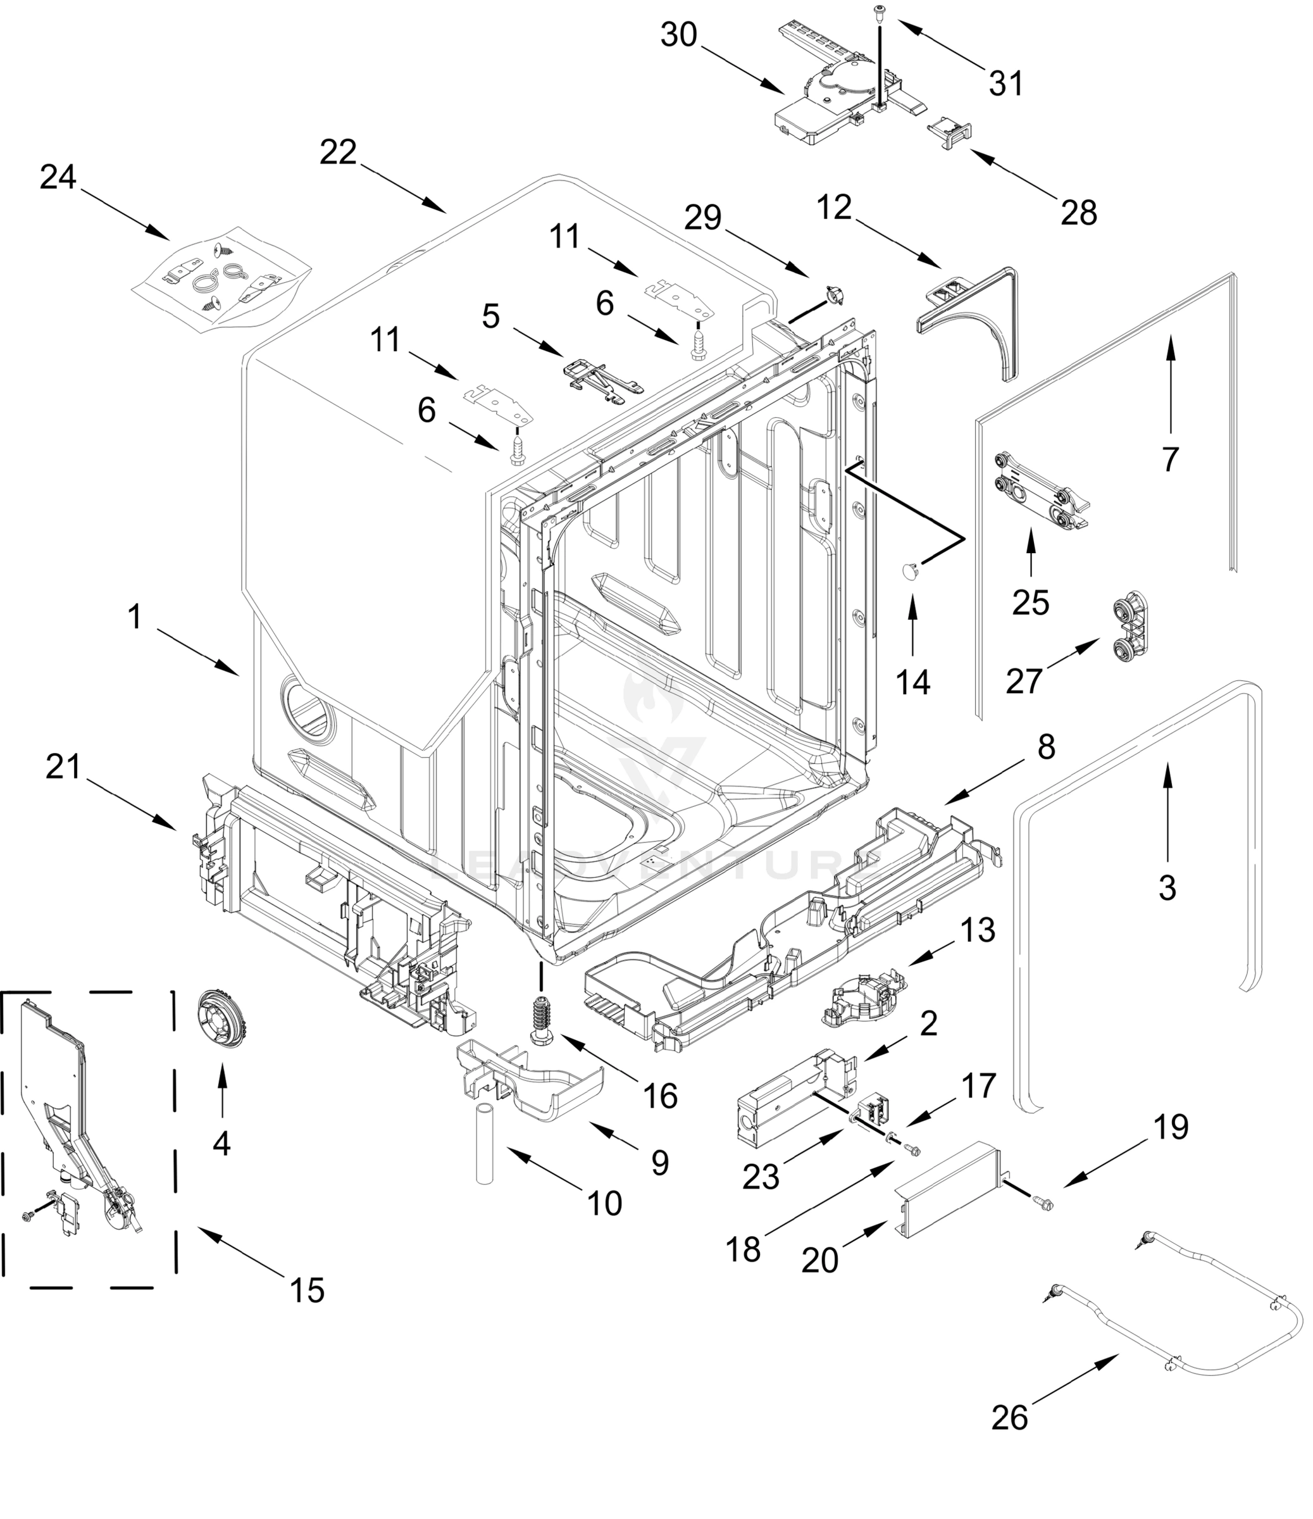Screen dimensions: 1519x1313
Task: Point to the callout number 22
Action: pyautogui.click(x=338, y=153)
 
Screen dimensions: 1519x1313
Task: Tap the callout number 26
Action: pyautogui.click(x=1009, y=1417)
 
